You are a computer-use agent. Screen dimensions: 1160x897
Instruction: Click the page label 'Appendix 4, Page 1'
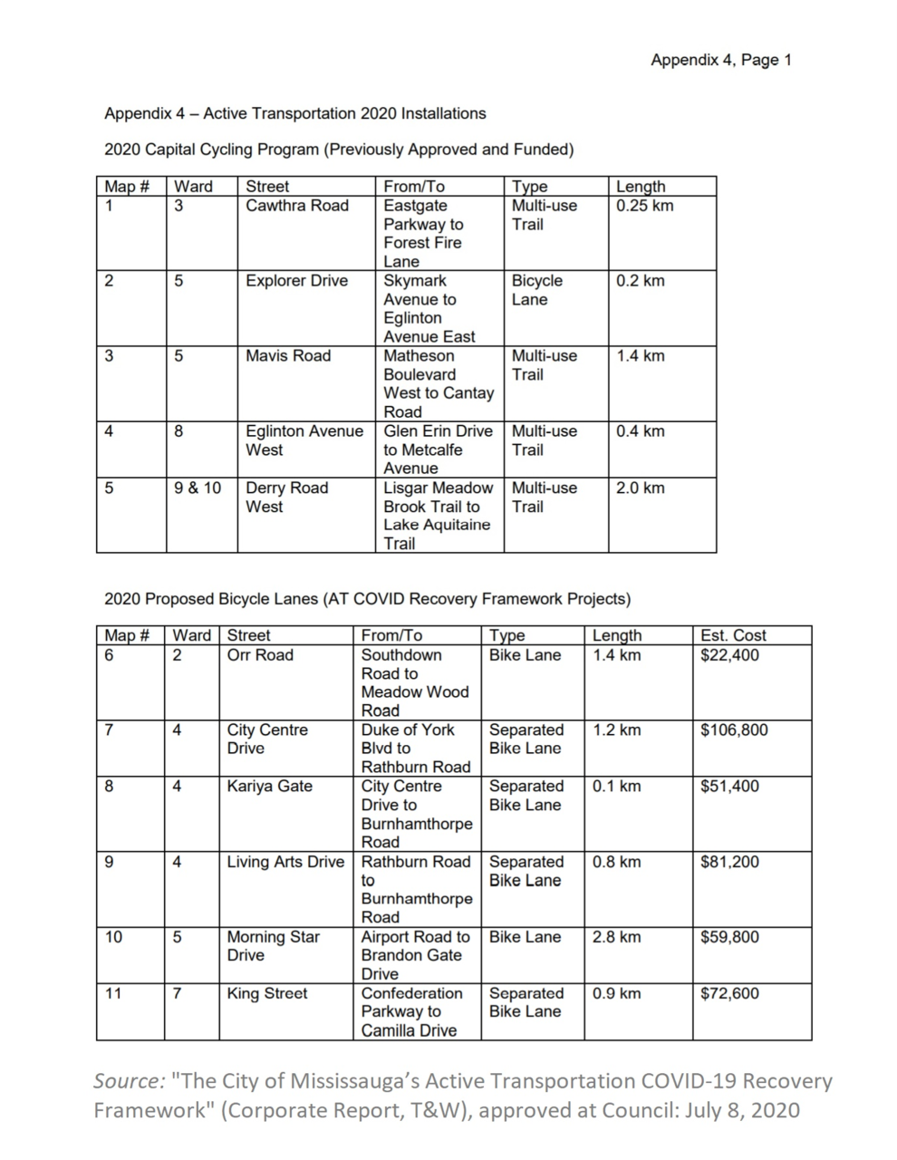coord(720,61)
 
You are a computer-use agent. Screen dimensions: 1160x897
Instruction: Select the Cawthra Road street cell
coord(296,206)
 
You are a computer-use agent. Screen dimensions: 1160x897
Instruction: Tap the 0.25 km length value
coord(644,206)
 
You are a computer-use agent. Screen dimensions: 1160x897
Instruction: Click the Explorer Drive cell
coord(296,281)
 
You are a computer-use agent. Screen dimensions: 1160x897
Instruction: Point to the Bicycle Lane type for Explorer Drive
coord(536,290)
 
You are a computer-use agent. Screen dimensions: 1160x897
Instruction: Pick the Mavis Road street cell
coord(287,356)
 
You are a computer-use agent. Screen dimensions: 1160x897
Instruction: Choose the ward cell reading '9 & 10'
coord(198,488)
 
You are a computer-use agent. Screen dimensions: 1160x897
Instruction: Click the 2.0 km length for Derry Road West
coord(640,488)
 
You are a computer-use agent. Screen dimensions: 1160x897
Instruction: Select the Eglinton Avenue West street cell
coord(304,440)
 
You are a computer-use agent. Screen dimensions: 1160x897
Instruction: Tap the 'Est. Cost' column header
coord(733,635)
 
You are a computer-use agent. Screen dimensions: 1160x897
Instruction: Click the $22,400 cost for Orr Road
coord(729,655)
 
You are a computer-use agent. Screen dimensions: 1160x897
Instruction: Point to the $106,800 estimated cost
coord(734,730)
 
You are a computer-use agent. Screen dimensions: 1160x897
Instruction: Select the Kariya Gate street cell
coord(269,787)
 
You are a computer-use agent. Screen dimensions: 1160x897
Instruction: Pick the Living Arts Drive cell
coord(285,862)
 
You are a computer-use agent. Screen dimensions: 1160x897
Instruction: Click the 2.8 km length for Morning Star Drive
coord(616,937)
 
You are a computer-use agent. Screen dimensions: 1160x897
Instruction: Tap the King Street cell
coord(266,993)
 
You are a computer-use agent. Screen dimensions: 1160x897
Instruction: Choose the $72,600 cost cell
coord(729,993)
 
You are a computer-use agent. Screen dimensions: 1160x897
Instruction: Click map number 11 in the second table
coord(113,993)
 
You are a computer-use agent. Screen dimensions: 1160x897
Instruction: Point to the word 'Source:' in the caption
coord(128,1081)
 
